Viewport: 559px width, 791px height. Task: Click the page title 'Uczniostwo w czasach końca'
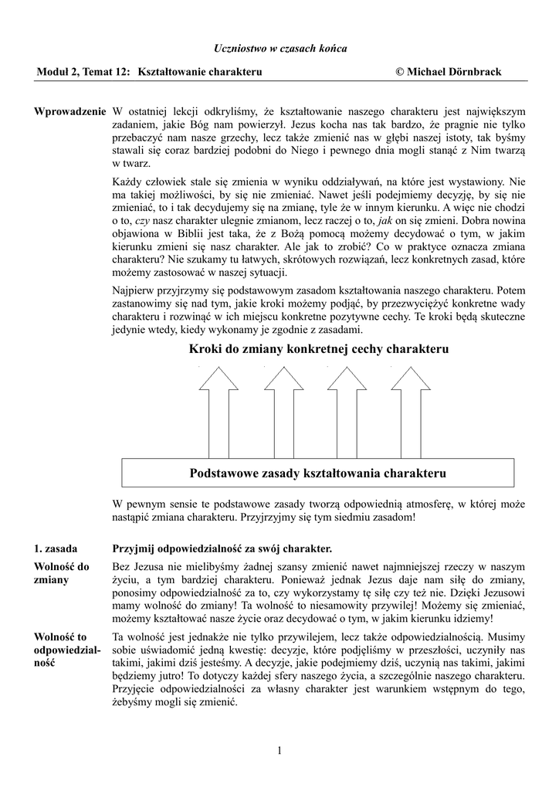pos(279,49)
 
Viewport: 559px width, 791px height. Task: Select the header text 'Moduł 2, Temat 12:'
pos(84,72)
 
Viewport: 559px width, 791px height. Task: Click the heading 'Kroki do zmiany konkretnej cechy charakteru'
pos(318,349)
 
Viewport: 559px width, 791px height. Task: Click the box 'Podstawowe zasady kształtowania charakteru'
pos(318,472)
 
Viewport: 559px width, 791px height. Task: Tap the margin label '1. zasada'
pos(56,549)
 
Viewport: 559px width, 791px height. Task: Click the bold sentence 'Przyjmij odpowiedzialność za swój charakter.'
pos(222,549)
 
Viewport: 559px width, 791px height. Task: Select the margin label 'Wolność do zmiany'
pos(62,573)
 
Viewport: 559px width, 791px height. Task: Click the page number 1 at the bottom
pos(279,750)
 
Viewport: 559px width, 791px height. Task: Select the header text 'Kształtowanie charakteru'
pos(200,72)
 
